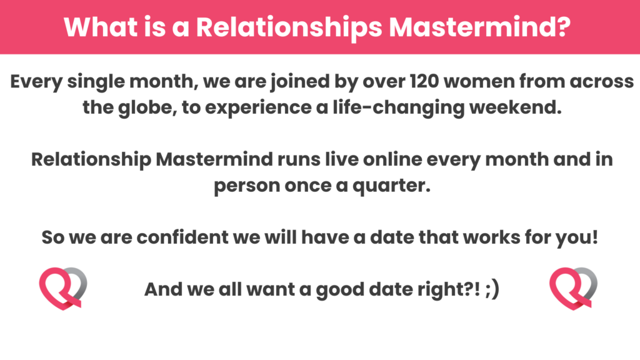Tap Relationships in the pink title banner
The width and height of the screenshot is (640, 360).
coord(289,27)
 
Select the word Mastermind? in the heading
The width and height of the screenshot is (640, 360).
coord(479,27)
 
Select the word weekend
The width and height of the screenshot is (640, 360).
coord(515,107)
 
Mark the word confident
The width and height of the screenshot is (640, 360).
coord(182,237)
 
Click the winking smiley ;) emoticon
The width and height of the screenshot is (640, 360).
coord(492,290)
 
